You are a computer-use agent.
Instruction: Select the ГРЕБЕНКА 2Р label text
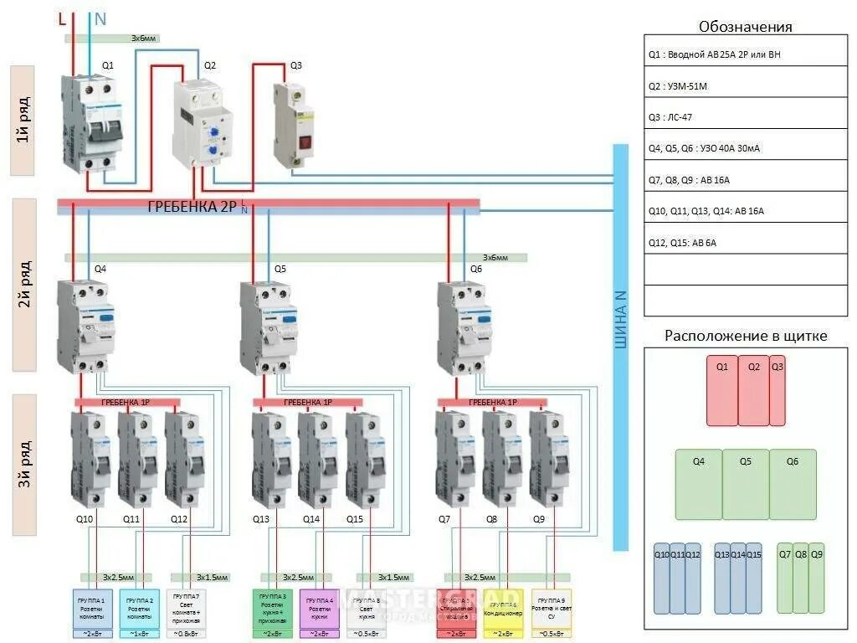(192, 207)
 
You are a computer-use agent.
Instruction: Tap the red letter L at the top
(62, 18)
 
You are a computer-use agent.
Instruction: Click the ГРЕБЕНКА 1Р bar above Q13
(307, 403)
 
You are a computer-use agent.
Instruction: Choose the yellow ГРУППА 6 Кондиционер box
(504, 608)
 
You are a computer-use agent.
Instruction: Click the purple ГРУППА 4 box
(319, 608)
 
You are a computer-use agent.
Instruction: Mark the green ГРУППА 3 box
(273, 608)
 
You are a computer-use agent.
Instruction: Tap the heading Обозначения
(745, 27)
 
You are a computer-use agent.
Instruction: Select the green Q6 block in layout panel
(793, 484)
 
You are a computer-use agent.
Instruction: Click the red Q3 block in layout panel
(777, 390)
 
